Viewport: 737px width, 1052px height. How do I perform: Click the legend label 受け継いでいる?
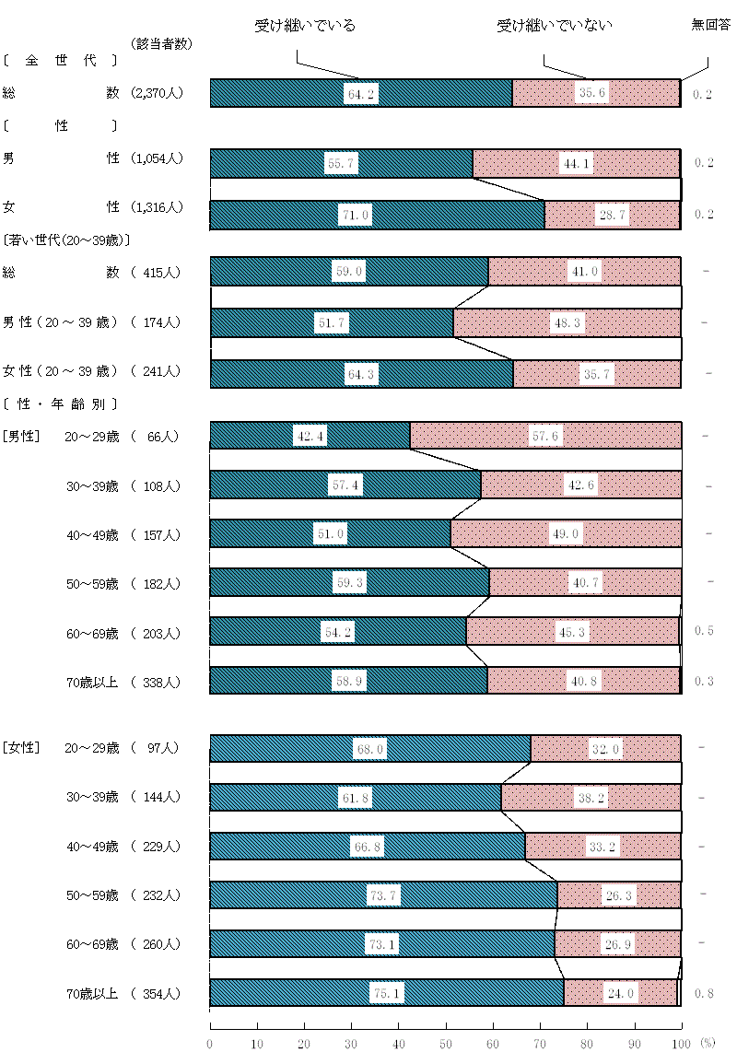click(x=305, y=26)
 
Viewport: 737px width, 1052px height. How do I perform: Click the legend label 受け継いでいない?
click(x=555, y=26)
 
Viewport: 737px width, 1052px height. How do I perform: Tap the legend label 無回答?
click(x=710, y=26)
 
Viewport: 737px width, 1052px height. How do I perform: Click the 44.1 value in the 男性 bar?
click(x=577, y=164)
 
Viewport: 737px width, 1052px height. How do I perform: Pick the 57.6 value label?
click(x=546, y=436)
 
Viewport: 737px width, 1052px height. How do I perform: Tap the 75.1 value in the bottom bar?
click(x=387, y=994)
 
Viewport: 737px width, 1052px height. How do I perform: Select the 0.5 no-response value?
click(x=705, y=631)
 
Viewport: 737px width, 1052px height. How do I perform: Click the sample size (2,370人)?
click(x=158, y=93)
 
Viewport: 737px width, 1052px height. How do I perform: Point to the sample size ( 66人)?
click(x=158, y=437)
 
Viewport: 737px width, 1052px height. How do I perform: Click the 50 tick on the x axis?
click(x=446, y=1043)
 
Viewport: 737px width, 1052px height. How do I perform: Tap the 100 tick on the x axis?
click(x=681, y=1043)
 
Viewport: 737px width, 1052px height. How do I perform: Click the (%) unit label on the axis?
click(x=707, y=1043)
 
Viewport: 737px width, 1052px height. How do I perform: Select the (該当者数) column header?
click(x=161, y=43)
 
